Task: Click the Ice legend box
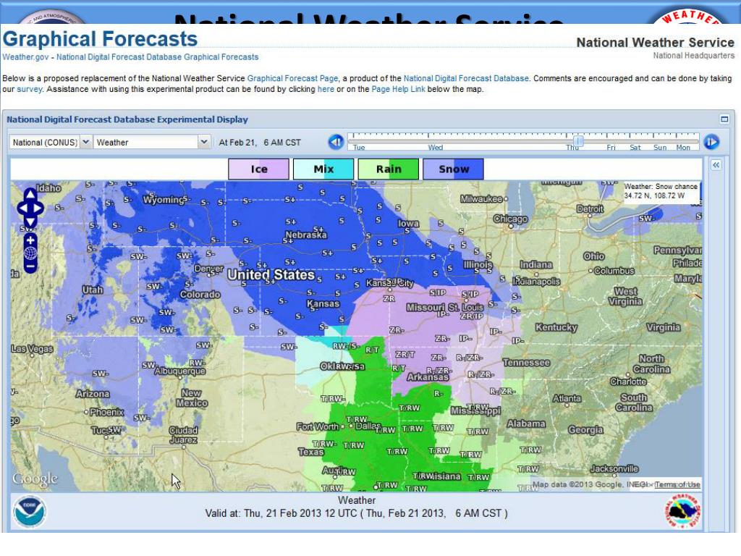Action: tap(258, 169)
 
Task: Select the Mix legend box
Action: tap(323, 169)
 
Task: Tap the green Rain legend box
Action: tap(388, 169)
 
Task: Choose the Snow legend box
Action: tap(453, 169)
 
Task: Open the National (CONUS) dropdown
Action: tap(51, 143)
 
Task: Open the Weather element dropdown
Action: tap(152, 143)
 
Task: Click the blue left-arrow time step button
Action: tap(336, 142)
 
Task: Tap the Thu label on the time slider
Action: tap(572, 148)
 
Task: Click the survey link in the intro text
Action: tap(30, 90)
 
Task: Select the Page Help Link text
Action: tap(398, 90)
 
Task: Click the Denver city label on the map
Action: tap(209, 269)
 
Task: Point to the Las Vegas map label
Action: tap(33, 349)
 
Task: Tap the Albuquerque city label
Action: tap(180, 371)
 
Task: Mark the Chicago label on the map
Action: tap(511, 219)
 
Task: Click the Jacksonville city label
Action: tap(614, 469)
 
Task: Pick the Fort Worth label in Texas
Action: tap(318, 427)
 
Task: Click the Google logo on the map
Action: tap(35, 479)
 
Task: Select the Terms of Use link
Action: tap(677, 485)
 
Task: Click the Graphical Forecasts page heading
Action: tap(100, 39)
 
